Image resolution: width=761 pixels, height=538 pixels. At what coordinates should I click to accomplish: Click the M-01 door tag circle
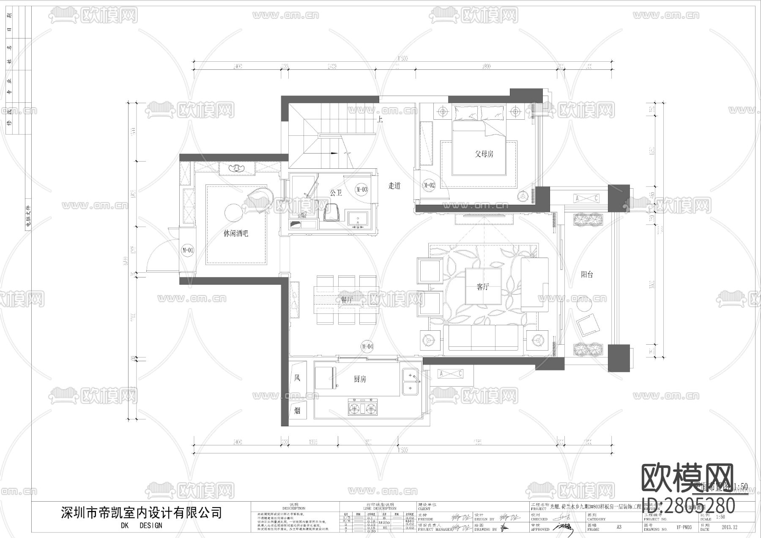tap(188, 250)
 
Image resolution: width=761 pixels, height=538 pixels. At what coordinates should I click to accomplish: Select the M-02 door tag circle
tap(429, 185)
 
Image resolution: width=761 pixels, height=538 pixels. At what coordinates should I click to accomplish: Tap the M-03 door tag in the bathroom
tap(361, 189)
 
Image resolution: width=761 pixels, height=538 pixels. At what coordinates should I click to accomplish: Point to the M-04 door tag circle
tap(367, 347)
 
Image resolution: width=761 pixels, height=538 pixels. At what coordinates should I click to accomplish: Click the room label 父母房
tap(484, 154)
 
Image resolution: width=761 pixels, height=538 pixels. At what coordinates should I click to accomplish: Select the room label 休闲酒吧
tap(235, 233)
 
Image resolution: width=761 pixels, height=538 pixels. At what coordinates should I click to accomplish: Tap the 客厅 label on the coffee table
tap(482, 287)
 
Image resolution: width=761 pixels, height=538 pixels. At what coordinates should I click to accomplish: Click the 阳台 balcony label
tap(587, 274)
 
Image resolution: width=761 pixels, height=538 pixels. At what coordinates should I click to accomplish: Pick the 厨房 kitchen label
tap(360, 379)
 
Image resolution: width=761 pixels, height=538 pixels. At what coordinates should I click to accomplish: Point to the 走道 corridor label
tap(394, 185)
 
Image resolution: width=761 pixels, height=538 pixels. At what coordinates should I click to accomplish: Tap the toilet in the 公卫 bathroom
tap(331, 211)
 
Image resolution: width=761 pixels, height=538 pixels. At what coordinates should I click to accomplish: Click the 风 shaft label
tap(297, 378)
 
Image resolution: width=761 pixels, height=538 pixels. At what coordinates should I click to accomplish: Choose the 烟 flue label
tap(297, 410)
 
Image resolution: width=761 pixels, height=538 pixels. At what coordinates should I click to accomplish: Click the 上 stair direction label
tap(380, 120)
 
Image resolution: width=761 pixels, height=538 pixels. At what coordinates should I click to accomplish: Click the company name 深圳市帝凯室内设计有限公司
tap(142, 513)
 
